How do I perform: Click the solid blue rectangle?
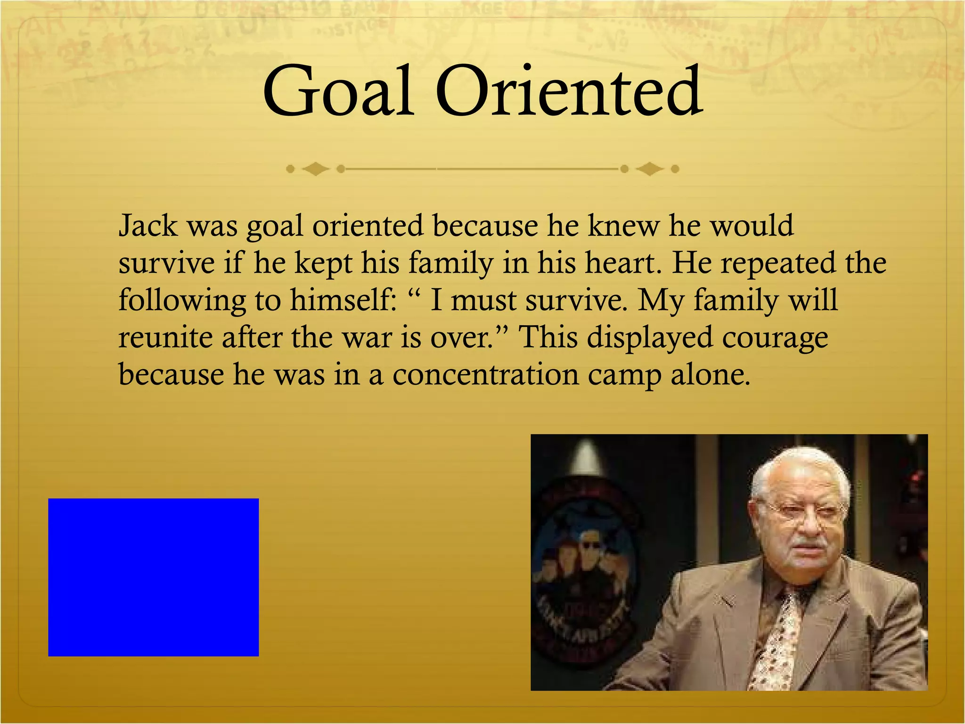(153, 577)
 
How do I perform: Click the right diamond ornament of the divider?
(650, 169)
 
